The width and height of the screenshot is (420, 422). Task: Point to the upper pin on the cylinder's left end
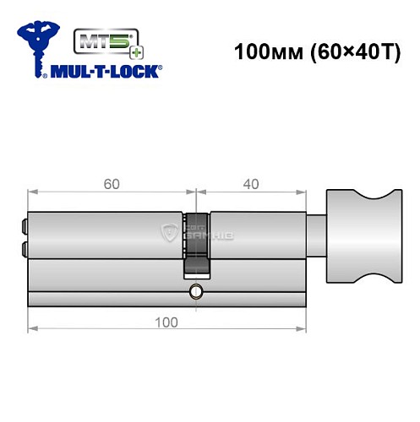[x=23, y=225]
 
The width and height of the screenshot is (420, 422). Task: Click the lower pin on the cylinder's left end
[x=23, y=248]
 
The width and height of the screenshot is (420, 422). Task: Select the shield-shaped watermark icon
[x=173, y=232]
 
